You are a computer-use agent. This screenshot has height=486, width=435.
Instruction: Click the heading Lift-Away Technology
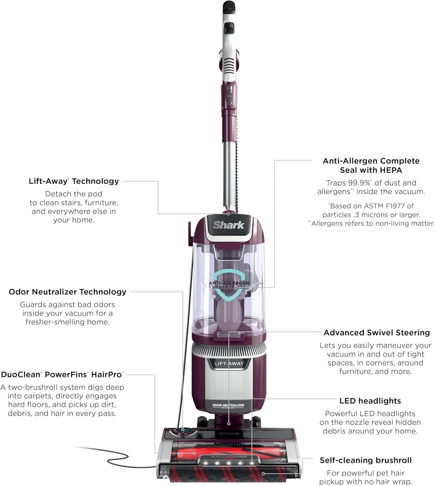pos(74,181)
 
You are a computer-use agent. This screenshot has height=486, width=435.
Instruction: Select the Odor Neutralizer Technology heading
pos(67,292)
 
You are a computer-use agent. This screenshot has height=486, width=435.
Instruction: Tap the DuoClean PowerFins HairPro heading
pos(62,375)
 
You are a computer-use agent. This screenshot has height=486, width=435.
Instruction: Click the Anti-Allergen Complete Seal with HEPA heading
pos(371,165)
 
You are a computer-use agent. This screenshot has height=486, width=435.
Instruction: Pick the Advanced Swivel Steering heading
pos(377,333)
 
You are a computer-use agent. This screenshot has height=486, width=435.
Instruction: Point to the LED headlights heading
pos(370,401)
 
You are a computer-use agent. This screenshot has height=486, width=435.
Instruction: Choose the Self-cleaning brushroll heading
pos(365,460)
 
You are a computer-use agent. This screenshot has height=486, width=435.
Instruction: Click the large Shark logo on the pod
pos(229,225)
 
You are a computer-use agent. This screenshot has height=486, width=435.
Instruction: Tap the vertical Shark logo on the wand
pos(229,96)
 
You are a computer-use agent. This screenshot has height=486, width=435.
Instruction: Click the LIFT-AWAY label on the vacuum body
pos(229,364)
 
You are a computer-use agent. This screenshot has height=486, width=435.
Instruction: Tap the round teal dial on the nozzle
pos(183,430)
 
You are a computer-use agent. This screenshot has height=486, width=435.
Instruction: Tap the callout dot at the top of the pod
pos(228,214)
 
